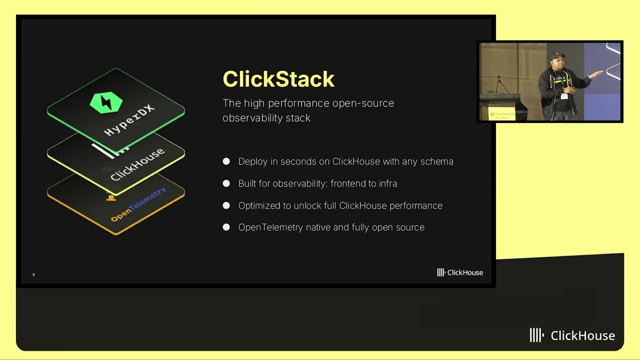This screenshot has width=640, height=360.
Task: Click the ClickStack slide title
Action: [278, 79]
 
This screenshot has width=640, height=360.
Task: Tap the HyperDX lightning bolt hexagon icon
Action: [106, 102]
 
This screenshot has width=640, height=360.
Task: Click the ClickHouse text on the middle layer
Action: [137, 164]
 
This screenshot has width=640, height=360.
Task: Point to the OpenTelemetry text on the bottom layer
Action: [138, 205]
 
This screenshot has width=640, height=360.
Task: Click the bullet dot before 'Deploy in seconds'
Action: [226, 161]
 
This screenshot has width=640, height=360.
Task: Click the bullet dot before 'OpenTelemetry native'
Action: [226, 227]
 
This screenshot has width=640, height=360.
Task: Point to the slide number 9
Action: [33, 274]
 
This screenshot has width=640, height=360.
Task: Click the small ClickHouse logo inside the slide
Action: [460, 272]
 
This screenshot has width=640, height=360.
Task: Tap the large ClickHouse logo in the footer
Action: [572, 335]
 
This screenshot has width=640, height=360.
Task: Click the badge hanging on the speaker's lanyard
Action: [564, 96]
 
